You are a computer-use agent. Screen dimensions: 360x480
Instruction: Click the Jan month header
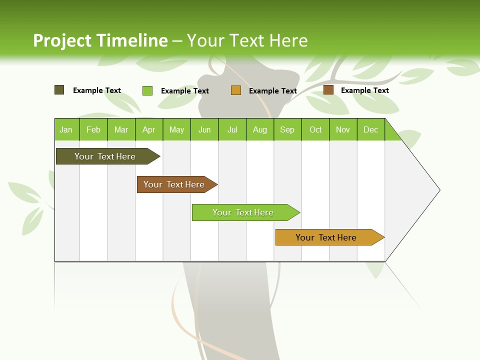coord(66,130)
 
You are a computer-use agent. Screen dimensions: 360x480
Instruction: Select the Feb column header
coord(93,130)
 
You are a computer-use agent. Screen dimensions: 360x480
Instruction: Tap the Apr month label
coord(149,130)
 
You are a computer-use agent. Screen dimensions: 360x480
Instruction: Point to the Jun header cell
coord(204,130)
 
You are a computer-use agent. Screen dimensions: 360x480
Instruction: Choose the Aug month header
coord(260,130)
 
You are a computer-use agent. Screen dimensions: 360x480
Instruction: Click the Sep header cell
coord(287,130)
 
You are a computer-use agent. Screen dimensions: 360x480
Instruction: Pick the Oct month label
coord(315,130)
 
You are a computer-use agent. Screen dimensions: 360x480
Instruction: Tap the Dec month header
coord(371,130)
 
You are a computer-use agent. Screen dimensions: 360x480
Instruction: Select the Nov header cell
coord(343,130)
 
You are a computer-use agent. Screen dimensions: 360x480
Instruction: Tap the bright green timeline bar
coord(243,212)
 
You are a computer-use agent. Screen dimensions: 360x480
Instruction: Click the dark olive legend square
coord(59,90)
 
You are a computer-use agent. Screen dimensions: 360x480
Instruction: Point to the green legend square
coord(147,90)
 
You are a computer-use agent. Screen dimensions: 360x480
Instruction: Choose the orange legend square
coord(236,90)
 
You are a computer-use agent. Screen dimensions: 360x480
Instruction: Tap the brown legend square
coord(328,90)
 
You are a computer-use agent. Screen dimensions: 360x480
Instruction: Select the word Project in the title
coord(62,40)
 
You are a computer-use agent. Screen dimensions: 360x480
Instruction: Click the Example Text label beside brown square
coord(365,90)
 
